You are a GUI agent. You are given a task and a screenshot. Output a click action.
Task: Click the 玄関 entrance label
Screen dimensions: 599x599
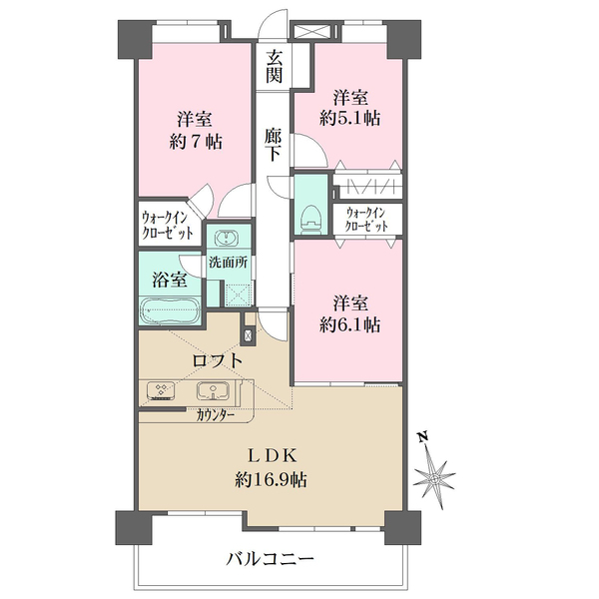click(274, 68)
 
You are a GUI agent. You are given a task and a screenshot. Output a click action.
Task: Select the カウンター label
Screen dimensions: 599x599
click(216, 412)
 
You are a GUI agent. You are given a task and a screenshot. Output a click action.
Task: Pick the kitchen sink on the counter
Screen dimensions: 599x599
click(211, 390)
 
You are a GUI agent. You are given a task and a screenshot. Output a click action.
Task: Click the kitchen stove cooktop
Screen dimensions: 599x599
click(160, 390)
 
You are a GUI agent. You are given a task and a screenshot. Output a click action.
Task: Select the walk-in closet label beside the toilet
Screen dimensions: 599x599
click(368, 219)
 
